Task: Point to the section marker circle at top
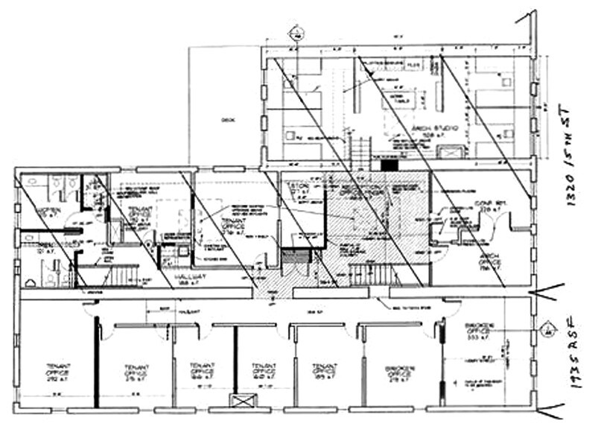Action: coord(296,32)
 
